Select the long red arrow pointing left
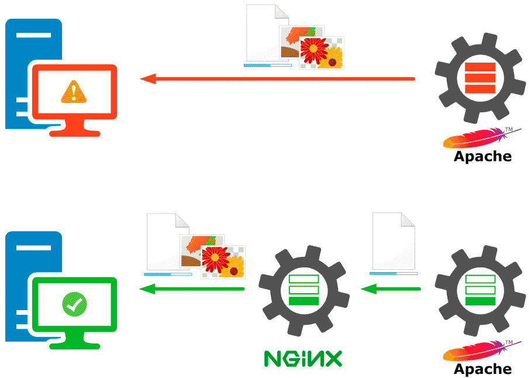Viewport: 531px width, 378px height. pos(277,78)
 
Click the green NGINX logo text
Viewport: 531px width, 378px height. pos(302,358)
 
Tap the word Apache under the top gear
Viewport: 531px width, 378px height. pos(482,156)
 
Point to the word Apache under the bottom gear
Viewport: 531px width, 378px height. pos(482,369)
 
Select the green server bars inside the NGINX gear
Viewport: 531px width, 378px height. pos(304,290)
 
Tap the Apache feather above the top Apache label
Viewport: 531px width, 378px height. pos(474,139)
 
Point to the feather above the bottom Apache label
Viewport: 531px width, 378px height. pos(474,352)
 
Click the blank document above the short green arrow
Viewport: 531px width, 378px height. pos(393,241)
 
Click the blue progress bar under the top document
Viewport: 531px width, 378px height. pos(267,66)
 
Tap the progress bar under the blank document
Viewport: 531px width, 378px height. pos(393,273)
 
